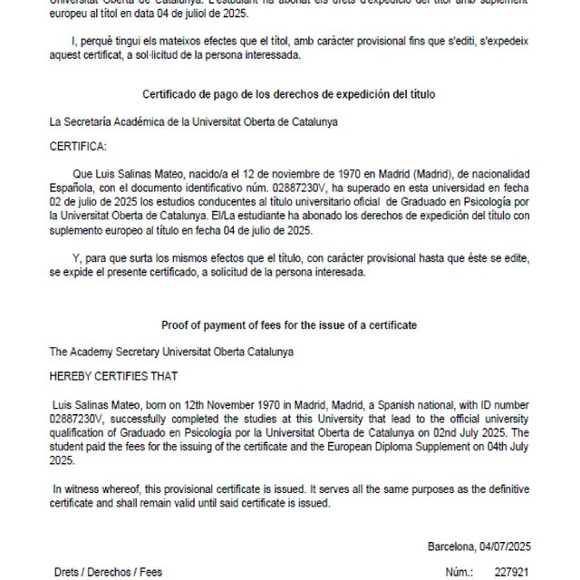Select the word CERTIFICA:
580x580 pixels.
click(x=77, y=145)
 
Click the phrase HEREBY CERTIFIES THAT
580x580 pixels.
click(x=113, y=375)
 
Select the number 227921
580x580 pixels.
click(x=512, y=573)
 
